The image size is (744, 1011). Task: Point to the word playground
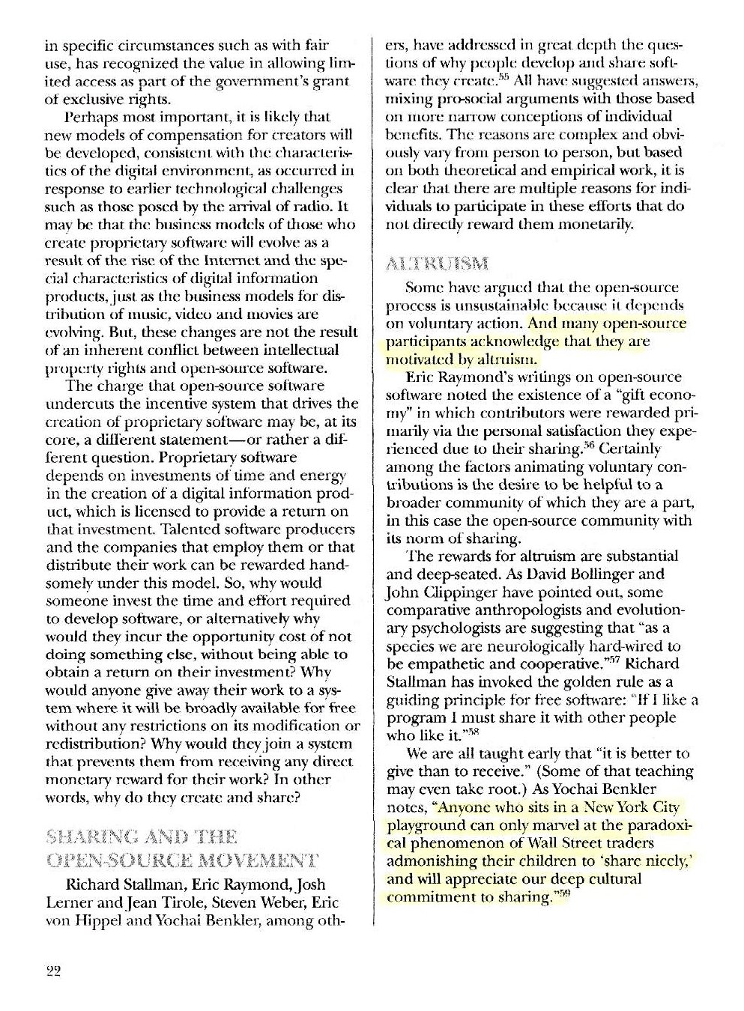click(x=420, y=826)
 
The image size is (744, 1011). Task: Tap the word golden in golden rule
click(x=586, y=682)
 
